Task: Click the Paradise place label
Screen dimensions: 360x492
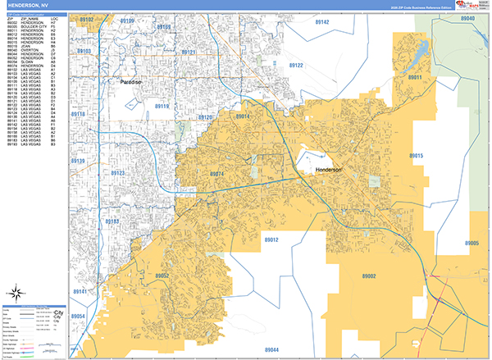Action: pyautogui.click(x=131, y=83)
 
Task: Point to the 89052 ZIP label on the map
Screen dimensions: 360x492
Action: pyautogui.click(x=162, y=276)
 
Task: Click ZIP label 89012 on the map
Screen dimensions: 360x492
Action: pyautogui.click(x=271, y=239)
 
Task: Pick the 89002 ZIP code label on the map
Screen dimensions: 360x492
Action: pyautogui.click(x=366, y=277)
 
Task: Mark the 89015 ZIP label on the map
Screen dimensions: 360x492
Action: pyautogui.click(x=416, y=155)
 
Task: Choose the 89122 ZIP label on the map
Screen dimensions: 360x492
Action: pyautogui.click(x=296, y=65)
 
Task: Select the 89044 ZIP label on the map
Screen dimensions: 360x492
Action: pyautogui.click(x=271, y=349)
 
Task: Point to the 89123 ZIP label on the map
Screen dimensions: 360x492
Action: pyautogui.click(x=118, y=173)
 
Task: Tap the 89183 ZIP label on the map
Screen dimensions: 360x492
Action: pyautogui.click(x=112, y=221)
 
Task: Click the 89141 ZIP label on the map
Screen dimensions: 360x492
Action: pyautogui.click(x=79, y=291)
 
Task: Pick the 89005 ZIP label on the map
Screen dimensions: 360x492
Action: pyautogui.click(x=471, y=244)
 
